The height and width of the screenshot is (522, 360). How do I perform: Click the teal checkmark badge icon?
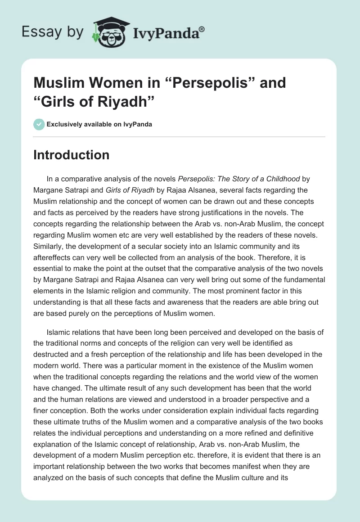[39, 124]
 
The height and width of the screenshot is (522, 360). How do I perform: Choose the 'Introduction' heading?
[72, 155]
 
